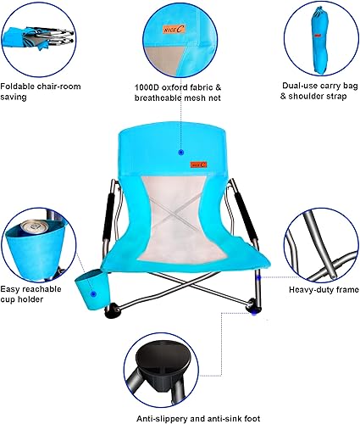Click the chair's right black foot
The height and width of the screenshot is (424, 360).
(253, 310)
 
